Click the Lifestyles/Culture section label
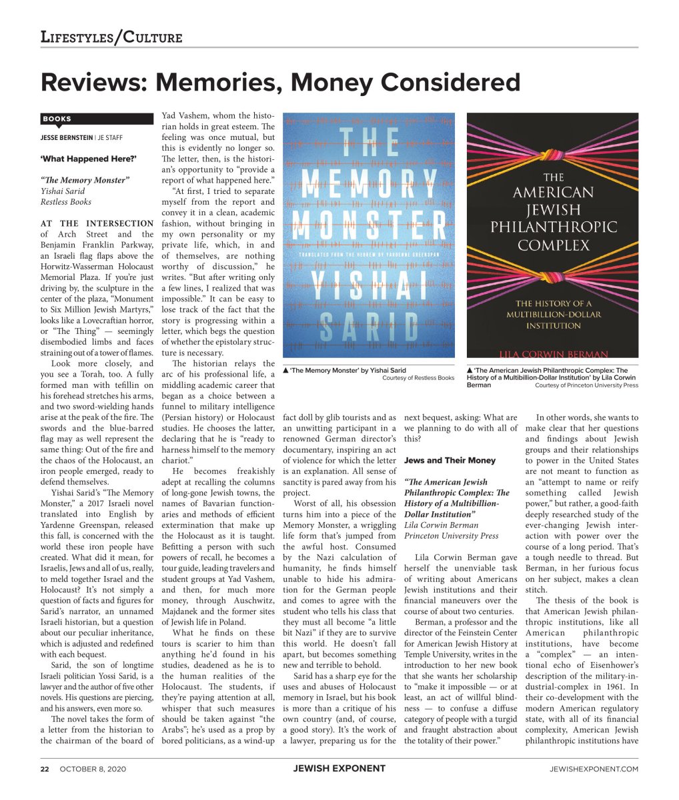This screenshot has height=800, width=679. coord(111,37)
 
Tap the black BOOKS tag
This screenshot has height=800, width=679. coord(57,119)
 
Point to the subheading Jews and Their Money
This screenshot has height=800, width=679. coord(450,460)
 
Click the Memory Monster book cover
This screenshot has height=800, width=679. coord(369,235)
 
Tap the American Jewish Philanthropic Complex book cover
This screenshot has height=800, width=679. coord(552,235)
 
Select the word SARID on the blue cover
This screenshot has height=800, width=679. coord(369,329)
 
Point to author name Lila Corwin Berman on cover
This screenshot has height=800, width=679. coord(552,353)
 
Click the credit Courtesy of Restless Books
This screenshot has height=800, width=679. coord(418,378)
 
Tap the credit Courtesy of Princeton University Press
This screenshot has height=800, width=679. coord(586,385)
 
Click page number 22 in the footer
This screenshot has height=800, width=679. coord(45,769)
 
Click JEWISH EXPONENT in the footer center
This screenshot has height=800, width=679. coord(339,769)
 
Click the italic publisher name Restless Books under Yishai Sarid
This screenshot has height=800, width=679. coord(66,201)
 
